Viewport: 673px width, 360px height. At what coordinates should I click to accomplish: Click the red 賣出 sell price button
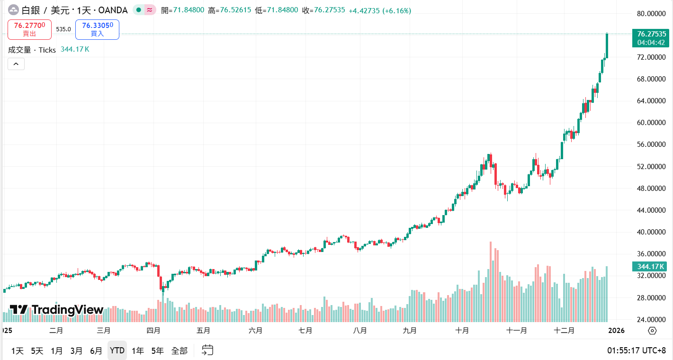(29, 29)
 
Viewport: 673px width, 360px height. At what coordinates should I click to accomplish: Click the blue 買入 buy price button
(97, 29)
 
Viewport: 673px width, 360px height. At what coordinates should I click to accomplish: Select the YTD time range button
(117, 351)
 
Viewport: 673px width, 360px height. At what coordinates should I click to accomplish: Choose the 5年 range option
(157, 351)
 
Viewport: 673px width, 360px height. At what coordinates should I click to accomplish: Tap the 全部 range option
(179, 351)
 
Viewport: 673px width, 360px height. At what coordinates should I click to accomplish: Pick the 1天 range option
(18, 351)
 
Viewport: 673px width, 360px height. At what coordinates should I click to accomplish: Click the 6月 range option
(96, 351)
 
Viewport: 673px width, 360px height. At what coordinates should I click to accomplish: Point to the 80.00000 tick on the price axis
(651, 13)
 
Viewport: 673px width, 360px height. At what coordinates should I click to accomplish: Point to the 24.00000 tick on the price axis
(651, 319)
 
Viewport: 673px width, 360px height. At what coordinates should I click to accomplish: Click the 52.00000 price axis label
(651, 166)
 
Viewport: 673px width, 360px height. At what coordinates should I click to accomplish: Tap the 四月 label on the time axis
(153, 331)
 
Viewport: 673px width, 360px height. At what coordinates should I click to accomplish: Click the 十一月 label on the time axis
(516, 331)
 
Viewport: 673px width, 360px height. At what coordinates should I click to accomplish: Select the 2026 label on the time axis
(616, 331)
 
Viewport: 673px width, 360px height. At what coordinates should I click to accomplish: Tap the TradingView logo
(56, 310)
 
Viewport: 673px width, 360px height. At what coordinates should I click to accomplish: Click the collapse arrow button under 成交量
(16, 64)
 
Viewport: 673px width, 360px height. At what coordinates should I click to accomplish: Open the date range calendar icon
(207, 351)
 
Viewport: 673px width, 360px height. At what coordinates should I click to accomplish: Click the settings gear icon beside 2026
(652, 331)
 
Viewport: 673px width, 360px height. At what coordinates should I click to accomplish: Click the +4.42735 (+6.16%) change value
(380, 10)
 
